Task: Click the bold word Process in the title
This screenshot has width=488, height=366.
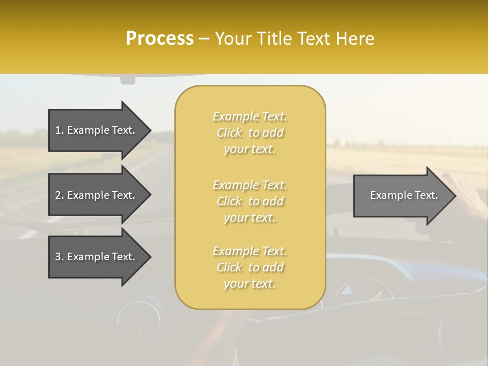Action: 160,39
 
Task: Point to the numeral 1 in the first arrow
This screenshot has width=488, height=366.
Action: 58,130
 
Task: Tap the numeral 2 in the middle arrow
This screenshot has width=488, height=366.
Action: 58,195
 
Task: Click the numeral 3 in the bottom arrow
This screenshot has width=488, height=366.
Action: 58,257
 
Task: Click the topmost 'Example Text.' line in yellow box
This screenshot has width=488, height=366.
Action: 250,116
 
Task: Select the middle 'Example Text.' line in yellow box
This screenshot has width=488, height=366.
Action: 250,185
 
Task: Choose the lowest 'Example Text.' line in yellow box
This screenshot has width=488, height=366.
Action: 250,251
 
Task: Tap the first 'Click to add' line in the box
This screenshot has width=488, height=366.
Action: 250,133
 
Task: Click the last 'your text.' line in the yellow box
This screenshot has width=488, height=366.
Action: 250,284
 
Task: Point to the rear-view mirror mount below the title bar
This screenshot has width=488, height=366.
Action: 128,80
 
